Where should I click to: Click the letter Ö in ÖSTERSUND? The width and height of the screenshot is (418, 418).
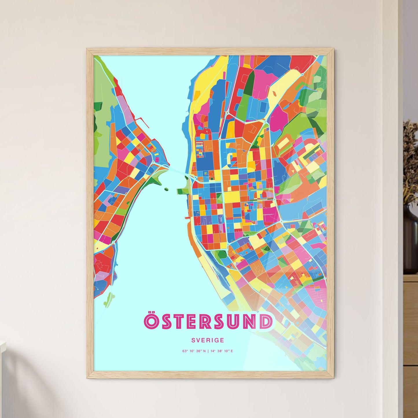pyautogui.click(x=151, y=321)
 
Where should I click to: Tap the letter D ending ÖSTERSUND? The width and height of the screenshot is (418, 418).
pyautogui.click(x=266, y=322)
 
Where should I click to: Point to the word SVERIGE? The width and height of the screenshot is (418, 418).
pyautogui.click(x=208, y=340)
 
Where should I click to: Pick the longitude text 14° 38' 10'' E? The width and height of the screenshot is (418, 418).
pyautogui.click(x=222, y=351)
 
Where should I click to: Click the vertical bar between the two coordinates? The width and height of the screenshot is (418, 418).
pyautogui.click(x=208, y=351)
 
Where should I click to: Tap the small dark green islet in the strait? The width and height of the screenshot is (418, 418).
pyautogui.click(x=166, y=189)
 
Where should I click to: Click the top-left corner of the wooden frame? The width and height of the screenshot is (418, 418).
pyautogui.click(x=87, y=49)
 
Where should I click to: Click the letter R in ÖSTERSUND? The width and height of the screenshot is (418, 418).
pyautogui.click(x=208, y=322)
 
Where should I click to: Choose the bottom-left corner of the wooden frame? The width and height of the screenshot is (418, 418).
pyautogui.click(x=87, y=378)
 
